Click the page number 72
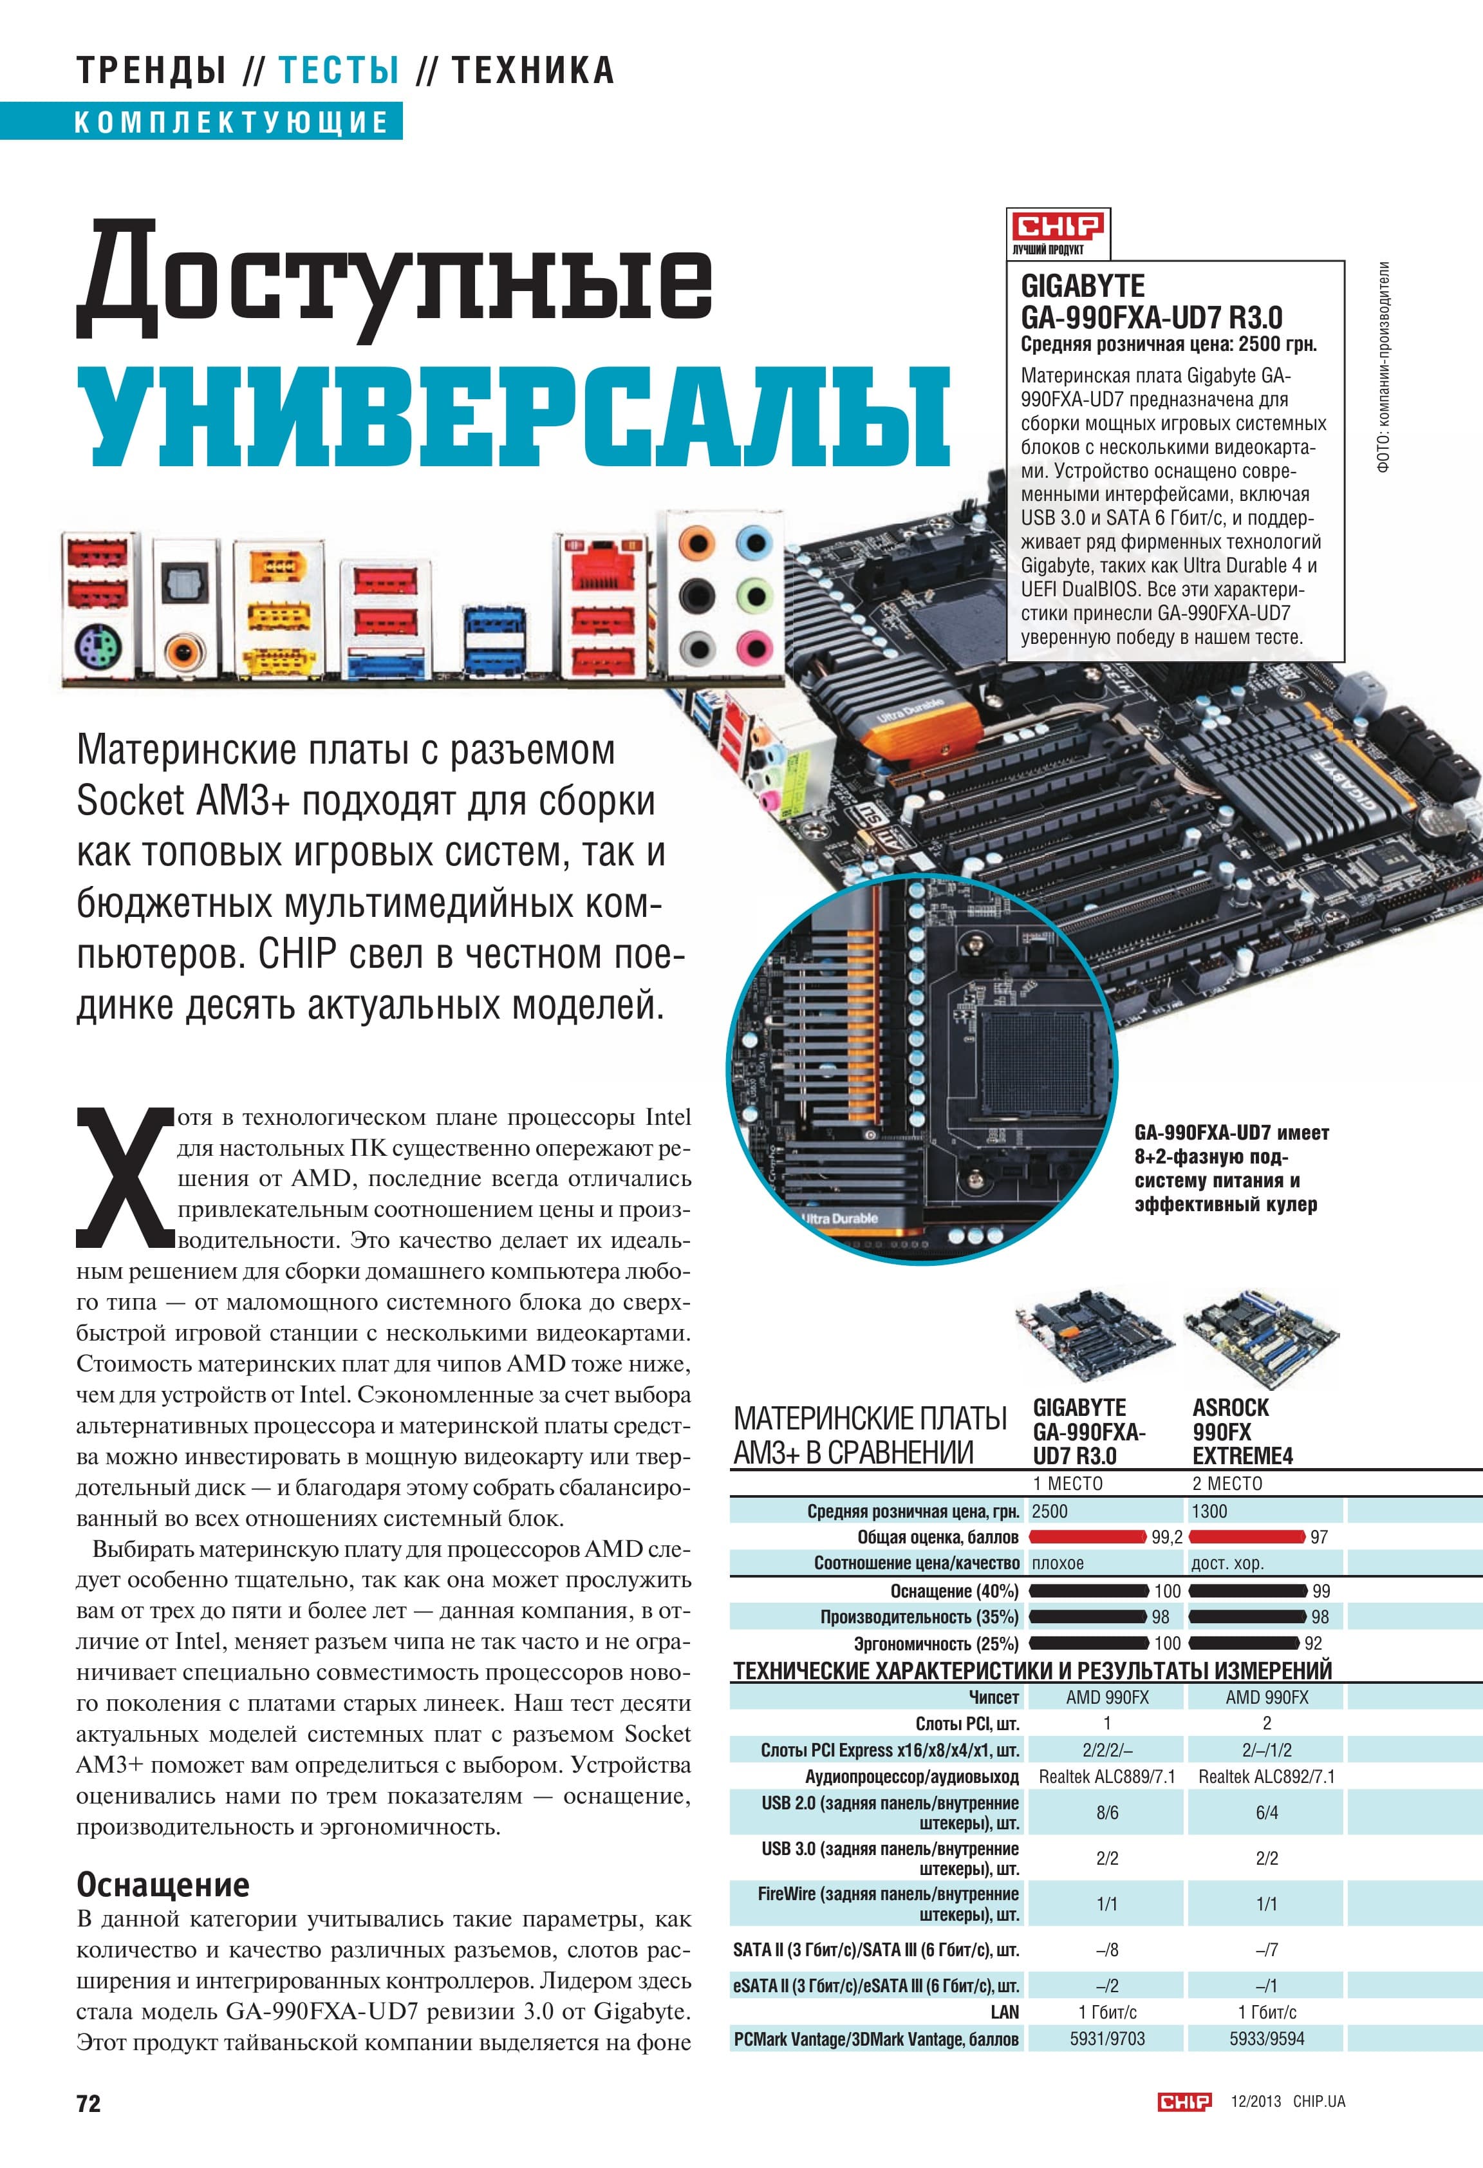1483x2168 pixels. click(89, 2103)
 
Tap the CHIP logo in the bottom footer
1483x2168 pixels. click(1184, 2101)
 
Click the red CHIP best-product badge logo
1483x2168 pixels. click(1059, 226)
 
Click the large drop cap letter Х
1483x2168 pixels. click(125, 1176)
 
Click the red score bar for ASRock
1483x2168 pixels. click(1247, 1536)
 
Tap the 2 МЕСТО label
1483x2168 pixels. click(1227, 1484)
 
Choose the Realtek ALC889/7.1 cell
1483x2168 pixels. click(1107, 1777)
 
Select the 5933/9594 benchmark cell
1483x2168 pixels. click(1267, 2039)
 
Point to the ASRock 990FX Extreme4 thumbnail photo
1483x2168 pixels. click(1261, 1337)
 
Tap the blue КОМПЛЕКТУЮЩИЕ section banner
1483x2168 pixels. click(201, 121)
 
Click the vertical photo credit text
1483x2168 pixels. click(1384, 366)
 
